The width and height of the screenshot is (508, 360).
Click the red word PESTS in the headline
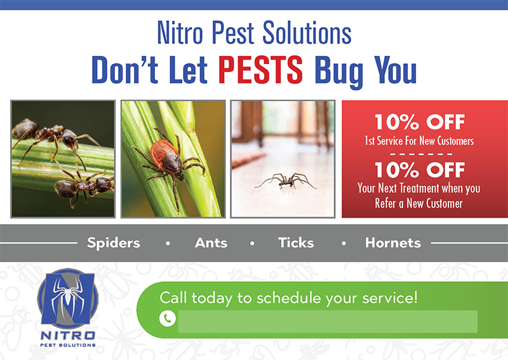(260, 70)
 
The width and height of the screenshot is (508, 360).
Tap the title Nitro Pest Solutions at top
(254, 34)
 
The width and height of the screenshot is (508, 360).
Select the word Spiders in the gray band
(114, 243)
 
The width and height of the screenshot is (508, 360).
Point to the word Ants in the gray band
(211, 243)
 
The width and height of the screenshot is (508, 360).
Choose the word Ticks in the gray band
(296, 243)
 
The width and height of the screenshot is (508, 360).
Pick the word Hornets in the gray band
(392, 243)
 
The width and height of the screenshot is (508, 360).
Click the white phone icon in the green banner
(167, 319)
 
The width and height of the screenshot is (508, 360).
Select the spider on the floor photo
(285, 180)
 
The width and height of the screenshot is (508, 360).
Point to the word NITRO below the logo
(67, 335)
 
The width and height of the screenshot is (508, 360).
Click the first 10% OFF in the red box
(419, 121)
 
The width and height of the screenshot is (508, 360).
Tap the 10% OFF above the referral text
(419, 170)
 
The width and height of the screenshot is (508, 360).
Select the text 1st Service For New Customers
(419, 140)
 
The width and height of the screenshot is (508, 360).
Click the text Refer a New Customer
(419, 203)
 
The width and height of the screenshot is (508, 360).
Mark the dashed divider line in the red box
(419, 154)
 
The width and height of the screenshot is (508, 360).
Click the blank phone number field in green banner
(327, 321)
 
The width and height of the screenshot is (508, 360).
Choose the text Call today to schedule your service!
(288, 297)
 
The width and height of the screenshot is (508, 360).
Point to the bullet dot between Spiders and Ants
(168, 243)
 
